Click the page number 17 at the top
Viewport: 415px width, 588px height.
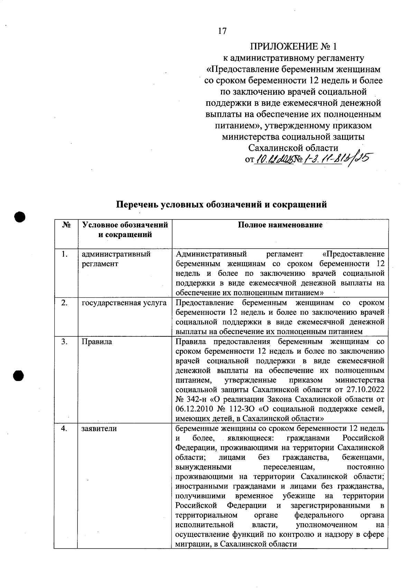(x=222, y=31)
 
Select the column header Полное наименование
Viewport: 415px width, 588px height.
(x=280, y=225)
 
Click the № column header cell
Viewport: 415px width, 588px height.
(x=66, y=225)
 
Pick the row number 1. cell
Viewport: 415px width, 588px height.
(x=64, y=254)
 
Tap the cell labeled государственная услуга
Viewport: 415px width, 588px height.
(x=124, y=303)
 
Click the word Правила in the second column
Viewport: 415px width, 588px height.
(x=96, y=342)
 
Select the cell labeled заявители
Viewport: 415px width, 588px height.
(x=99, y=429)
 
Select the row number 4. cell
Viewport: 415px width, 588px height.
(x=64, y=429)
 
